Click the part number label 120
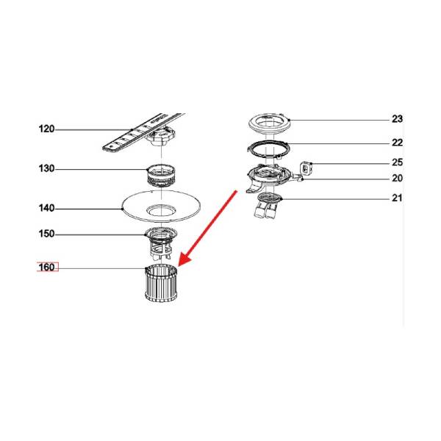coord(46,129)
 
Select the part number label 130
coord(46,168)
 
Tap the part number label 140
coord(46,208)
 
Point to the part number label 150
coord(46,234)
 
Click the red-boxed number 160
coord(48,267)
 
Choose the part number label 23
coord(397,119)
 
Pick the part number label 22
coord(397,143)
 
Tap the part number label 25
coord(397,162)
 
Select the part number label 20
coord(397,178)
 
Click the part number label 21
coord(397,198)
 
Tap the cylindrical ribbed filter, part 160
coord(161,284)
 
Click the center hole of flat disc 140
coord(162,210)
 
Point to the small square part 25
coord(306,168)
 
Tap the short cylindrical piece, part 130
coord(161,175)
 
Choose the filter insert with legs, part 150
coord(160,243)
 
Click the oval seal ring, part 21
coord(270,198)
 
